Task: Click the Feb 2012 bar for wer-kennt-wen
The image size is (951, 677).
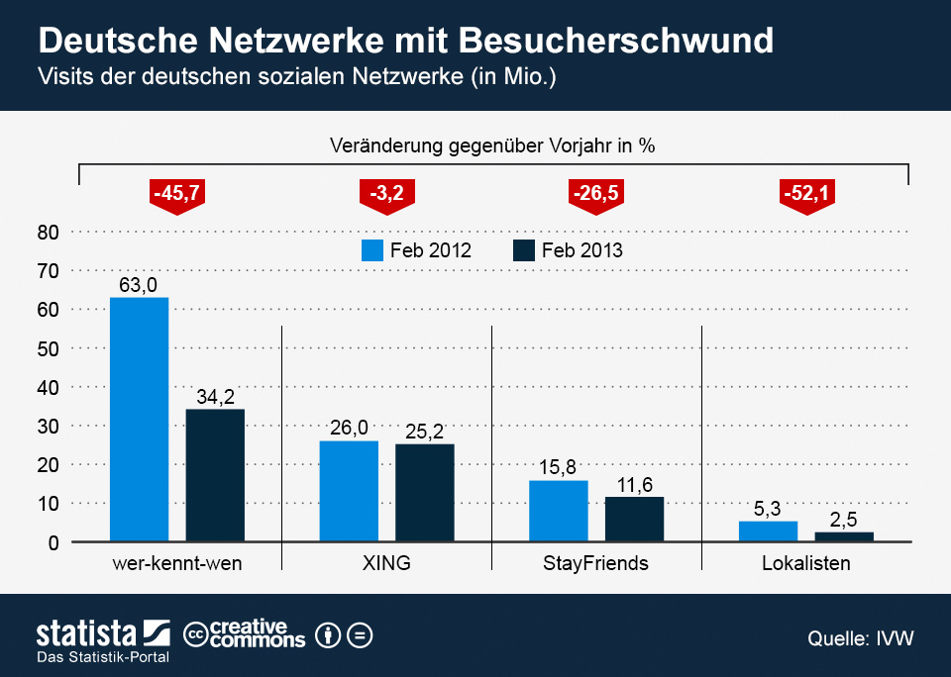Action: pyautogui.click(x=139, y=420)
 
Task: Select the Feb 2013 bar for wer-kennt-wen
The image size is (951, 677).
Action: pyautogui.click(x=215, y=475)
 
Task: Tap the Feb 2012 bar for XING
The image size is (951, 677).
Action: pyautogui.click(x=349, y=491)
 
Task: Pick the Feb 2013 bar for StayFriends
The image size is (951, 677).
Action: pyautogui.click(x=634, y=519)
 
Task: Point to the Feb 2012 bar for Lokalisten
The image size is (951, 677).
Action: pyautogui.click(x=768, y=532)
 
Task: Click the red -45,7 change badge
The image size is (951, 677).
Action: pyautogui.click(x=176, y=193)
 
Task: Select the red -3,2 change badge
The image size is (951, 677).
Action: pyautogui.click(x=386, y=193)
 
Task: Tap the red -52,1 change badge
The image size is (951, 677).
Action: pyautogui.click(x=806, y=193)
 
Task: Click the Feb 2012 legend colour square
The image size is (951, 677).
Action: pyautogui.click(x=371, y=250)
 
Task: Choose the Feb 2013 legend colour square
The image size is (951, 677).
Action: pyautogui.click(x=524, y=250)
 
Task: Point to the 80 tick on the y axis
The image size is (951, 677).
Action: pyautogui.click(x=50, y=233)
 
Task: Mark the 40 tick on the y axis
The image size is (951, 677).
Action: pyautogui.click(x=50, y=387)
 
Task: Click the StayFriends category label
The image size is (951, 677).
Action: pyautogui.click(x=595, y=564)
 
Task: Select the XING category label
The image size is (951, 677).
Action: pyautogui.click(x=386, y=564)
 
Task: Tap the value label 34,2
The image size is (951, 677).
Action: pyautogui.click(x=215, y=396)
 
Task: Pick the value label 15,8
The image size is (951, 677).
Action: pyautogui.click(x=558, y=467)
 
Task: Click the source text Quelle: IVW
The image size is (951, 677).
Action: pyautogui.click(x=860, y=638)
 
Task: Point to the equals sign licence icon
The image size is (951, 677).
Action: pyautogui.click(x=361, y=634)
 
